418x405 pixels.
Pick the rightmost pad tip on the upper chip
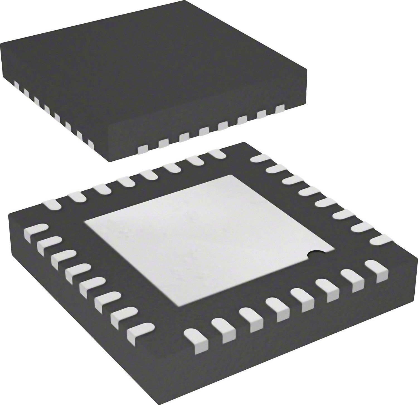coord(280,109)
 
